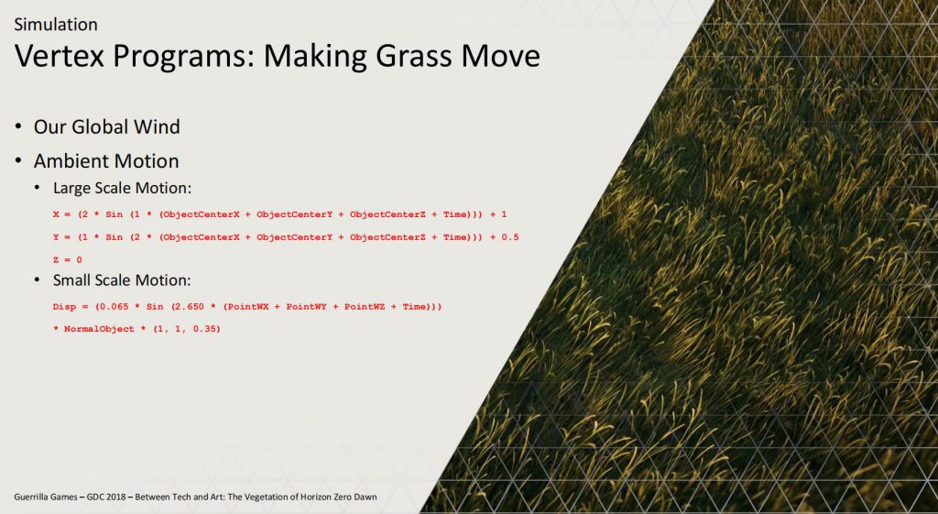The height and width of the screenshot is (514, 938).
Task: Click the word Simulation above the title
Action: pyautogui.click(x=56, y=25)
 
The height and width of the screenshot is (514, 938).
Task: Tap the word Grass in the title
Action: pyautogui.click(x=418, y=56)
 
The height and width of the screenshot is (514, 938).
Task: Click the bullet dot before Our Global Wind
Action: pyautogui.click(x=19, y=126)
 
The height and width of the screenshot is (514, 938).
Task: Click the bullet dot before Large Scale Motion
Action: pyautogui.click(x=38, y=188)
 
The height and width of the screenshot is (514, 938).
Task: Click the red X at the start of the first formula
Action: pyautogui.click(x=56, y=214)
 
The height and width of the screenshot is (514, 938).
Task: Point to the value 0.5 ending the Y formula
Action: pyautogui.click(x=510, y=237)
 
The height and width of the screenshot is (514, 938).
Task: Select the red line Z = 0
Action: pyautogui.click(x=67, y=259)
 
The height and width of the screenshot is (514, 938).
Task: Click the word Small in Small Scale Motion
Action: pyautogui.click(x=70, y=280)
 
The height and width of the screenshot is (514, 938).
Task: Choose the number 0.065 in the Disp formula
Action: pyautogui.click(x=114, y=306)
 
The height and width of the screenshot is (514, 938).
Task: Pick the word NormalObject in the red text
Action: pyautogui.click(x=99, y=329)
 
